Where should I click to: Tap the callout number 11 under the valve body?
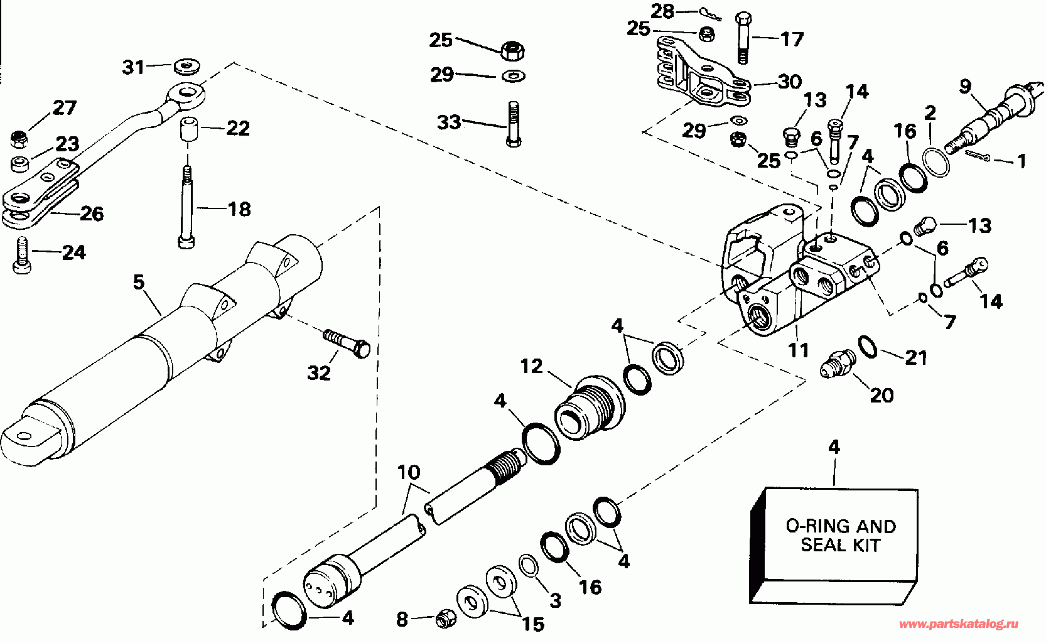(799, 349)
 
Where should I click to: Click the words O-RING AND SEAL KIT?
(841, 535)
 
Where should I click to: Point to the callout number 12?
(531, 366)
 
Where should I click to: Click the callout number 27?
(64, 108)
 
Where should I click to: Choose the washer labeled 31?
(184, 65)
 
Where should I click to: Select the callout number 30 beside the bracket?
(789, 82)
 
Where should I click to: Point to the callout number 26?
(92, 214)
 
